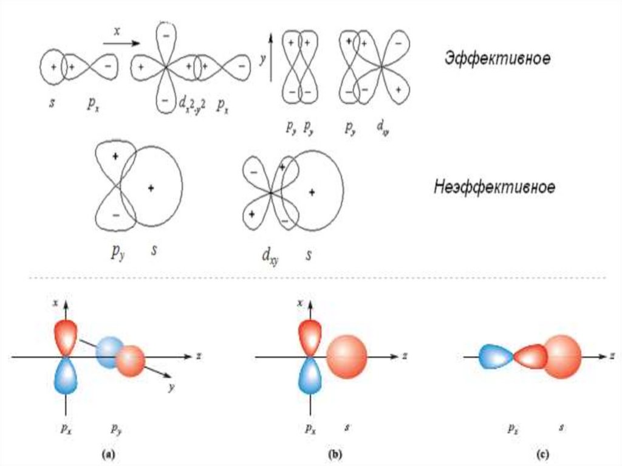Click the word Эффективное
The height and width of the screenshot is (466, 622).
[x=497, y=58]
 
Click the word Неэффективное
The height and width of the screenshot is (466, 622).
[x=494, y=187]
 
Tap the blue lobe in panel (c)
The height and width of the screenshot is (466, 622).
[x=496, y=357]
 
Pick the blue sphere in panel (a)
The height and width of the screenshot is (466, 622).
[x=110, y=350]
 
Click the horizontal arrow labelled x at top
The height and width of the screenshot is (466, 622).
[x=119, y=43]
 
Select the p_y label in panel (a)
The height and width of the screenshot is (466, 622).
[x=116, y=428]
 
